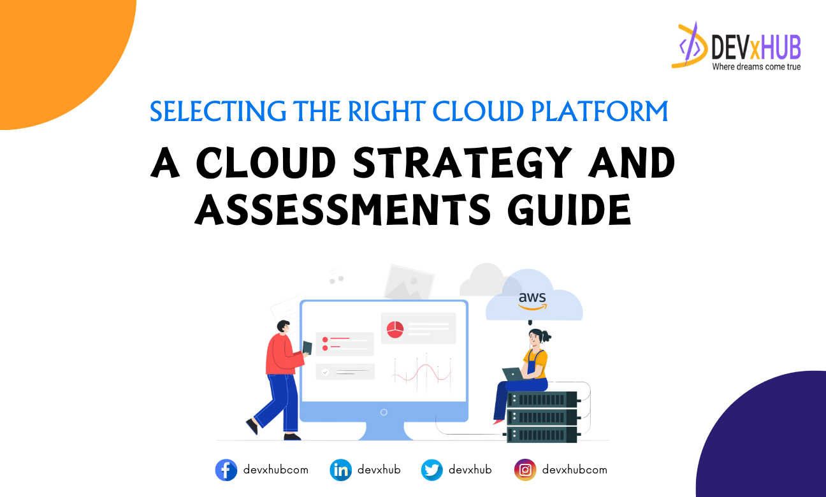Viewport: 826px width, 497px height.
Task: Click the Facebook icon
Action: pyautogui.click(x=226, y=470)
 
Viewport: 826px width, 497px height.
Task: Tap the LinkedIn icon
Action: pyautogui.click(x=341, y=470)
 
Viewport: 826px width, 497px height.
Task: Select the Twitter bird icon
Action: pyautogui.click(x=432, y=470)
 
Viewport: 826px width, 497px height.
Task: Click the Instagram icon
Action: pyautogui.click(x=525, y=470)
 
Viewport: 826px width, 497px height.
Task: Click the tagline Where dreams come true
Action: pyautogui.click(x=756, y=66)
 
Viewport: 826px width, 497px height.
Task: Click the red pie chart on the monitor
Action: pyautogui.click(x=395, y=329)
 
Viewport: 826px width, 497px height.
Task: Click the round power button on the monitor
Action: pyautogui.click(x=384, y=412)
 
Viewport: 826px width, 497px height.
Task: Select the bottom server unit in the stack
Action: pyautogui.click(x=542, y=434)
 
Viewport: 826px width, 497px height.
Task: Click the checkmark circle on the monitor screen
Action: pyautogui.click(x=325, y=371)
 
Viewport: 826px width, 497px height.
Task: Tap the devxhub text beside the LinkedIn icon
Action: pyautogui.click(x=379, y=470)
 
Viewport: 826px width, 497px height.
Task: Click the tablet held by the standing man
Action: pyautogui.click(x=307, y=347)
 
